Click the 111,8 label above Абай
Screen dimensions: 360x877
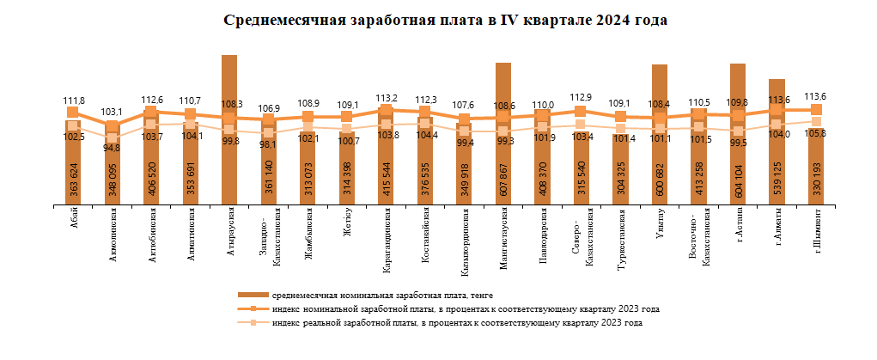(75, 101)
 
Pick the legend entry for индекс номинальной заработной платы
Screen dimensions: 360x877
(465, 308)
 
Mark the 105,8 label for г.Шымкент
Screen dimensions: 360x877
(814, 132)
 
